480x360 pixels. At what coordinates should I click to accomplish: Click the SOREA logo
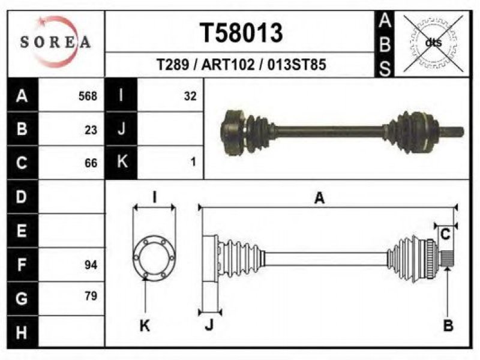(x=55, y=41)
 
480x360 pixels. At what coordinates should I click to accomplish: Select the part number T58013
(x=241, y=33)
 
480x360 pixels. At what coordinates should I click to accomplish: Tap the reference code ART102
(x=228, y=65)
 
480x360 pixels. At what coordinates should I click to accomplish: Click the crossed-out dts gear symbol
(x=433, y=43)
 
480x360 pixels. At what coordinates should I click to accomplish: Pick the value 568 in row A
(x=88, y=96)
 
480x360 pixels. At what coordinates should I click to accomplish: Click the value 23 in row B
(x=91, y=130)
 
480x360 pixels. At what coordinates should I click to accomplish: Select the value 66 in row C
(x=91, y=163)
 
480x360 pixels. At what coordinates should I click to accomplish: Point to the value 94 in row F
(x=91, y=265)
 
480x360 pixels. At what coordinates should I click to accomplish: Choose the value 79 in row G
(x=91, y=296)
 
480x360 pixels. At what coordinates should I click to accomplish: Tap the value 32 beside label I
(x=190, y=96)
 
